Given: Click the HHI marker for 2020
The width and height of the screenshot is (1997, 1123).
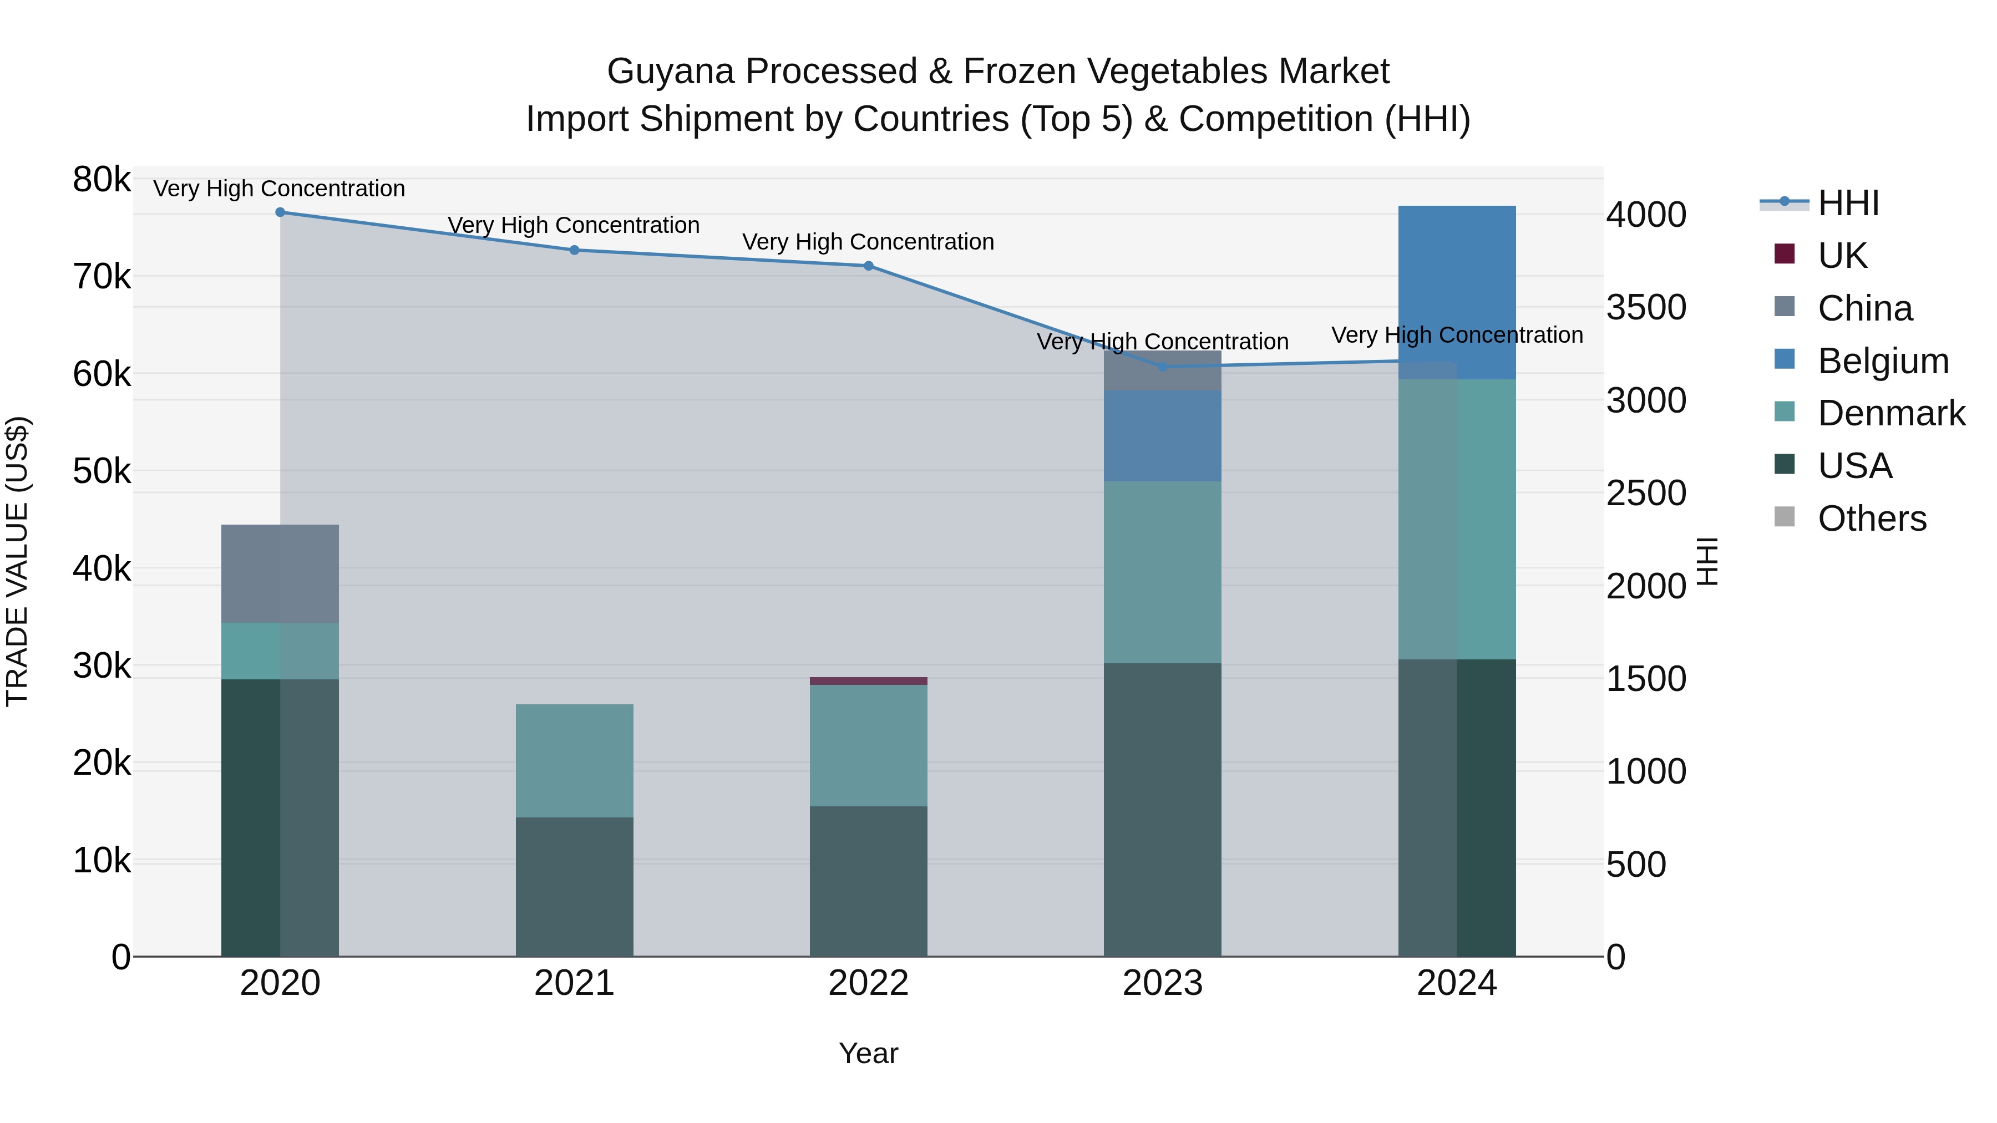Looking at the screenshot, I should tap(280, 212).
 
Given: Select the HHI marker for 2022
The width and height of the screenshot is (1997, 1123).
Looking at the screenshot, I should tap(868, 266).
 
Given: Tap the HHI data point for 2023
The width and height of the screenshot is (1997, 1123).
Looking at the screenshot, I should tap(1162, 367).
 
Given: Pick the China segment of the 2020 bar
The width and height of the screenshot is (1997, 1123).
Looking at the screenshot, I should tap(280, 573).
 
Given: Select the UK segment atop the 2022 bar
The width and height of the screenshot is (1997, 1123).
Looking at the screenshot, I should tap(868, 681).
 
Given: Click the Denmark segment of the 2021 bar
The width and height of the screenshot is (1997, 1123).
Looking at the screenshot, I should tap(575, 760).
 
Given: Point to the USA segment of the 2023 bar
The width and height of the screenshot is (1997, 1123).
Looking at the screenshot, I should tap(1162, 809).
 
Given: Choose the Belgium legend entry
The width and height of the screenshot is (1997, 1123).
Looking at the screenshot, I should tap(1882, 361).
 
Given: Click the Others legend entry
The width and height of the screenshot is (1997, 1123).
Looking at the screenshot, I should tap(1872, 519).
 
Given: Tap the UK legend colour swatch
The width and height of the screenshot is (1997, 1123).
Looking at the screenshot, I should tap(1784, 254).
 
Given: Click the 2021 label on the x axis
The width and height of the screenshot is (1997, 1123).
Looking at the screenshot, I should tap(575, 983).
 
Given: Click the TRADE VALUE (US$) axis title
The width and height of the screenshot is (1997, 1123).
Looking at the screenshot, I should tap(17, 561).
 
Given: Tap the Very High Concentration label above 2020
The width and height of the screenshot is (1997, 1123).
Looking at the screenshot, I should tap(279, 189).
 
